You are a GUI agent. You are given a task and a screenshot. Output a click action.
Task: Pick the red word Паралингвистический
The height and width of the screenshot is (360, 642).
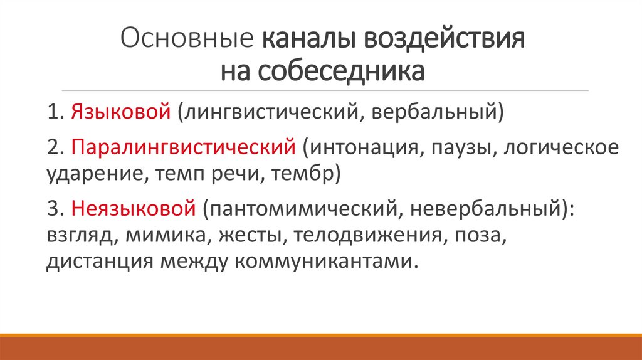[183, 149]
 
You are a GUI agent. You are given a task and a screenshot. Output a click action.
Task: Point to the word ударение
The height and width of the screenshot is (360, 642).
[94, 173]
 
